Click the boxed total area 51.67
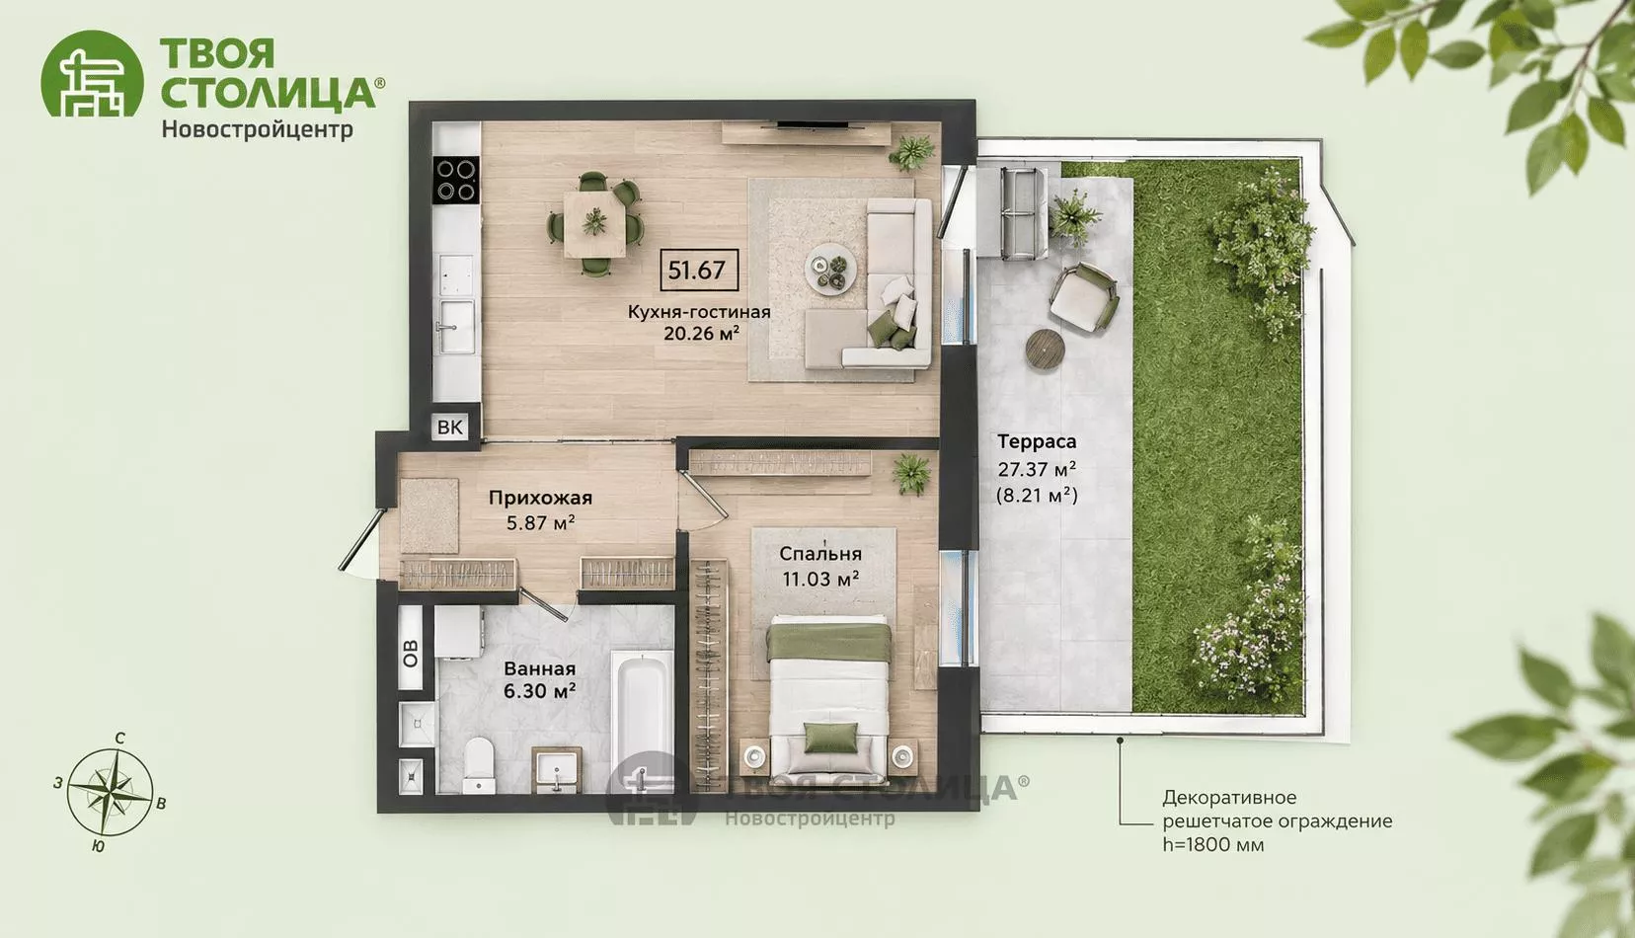click(x=698, y=271)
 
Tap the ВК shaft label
click(x=449, y=427)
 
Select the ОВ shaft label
click(x=410, y=653)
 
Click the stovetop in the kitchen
click(x=456, y=180)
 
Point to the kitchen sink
click(x=455, y=326)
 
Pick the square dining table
click(x=594, y=223)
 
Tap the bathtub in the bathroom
click(x=642, y=718)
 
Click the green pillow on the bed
click(x=830, y=738)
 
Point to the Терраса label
click(x=1037, y=441)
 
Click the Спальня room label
click(x=820, y=553)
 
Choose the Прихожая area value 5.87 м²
click(x=541, y=522)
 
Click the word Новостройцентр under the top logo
click(x=257, y=130)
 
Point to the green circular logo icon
click(x=92, y=73)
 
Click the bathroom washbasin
click(x=556, y=769)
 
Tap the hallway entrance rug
click(x=429, y=515)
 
